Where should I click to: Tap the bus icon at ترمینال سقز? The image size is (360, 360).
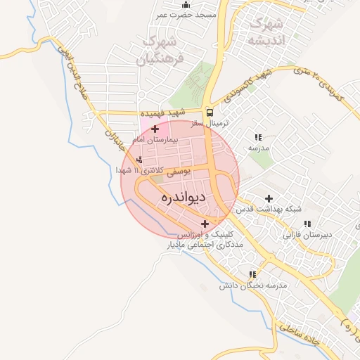pyautogui.click(x=210, y=112)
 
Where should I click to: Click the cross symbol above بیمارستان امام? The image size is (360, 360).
pyautogui.click(x=155, y=129)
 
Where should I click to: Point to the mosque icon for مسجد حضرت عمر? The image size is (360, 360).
pyautogui.click(x=186, y=5)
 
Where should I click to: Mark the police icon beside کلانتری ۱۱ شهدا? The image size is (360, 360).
pyautogui.click(x=139, y=160)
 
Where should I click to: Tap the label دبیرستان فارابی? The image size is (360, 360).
pyautogui.click(x=307, y=234)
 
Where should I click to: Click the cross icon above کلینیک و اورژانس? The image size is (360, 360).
pyautogui.click(x=205, y=224)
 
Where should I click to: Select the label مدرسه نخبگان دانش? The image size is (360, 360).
pyautogui.click(x=254, y=285)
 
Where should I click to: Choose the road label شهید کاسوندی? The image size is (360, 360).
pyautogui.click(x=245, y=85)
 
